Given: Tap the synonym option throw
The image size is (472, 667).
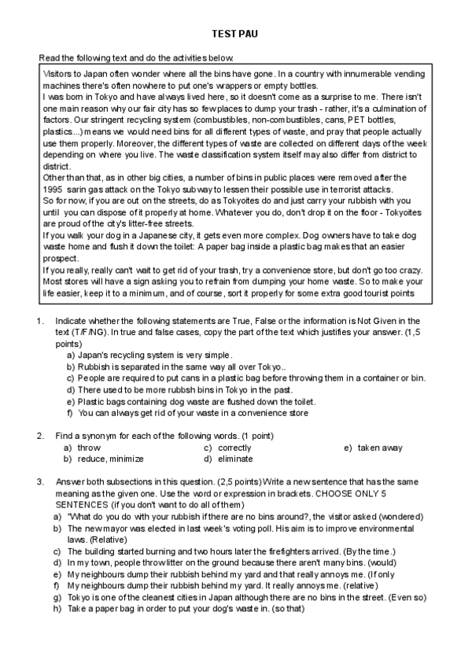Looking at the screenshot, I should (x=88, y=448).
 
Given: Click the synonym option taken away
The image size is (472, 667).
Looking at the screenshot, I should (x=380, y=448).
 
